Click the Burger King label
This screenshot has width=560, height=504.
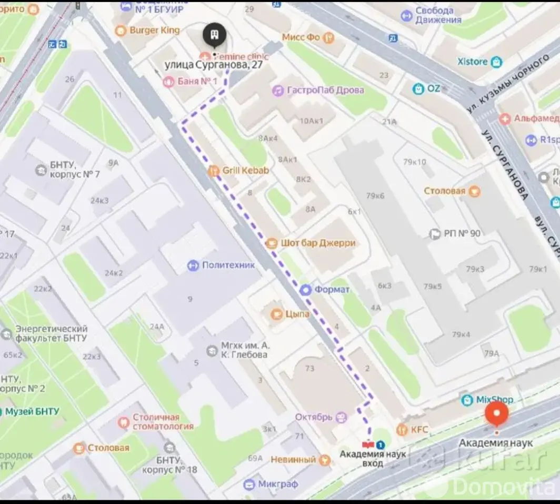154,30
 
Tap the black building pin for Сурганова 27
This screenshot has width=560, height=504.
215,36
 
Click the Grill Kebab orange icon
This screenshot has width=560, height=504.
213,170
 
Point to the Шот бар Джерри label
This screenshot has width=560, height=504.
318,243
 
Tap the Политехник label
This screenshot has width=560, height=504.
228,265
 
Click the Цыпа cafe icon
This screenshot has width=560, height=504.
275,314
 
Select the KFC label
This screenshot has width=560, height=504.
419,430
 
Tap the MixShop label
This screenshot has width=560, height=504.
494,400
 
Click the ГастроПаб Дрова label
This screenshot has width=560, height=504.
325,90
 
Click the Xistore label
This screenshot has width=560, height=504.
472,62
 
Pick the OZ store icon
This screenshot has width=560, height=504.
418,88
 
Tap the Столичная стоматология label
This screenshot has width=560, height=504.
163,421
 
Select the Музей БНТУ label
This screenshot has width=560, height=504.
32,411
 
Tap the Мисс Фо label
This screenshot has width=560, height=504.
301,37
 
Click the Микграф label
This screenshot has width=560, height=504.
278,484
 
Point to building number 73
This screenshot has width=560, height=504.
309,368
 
